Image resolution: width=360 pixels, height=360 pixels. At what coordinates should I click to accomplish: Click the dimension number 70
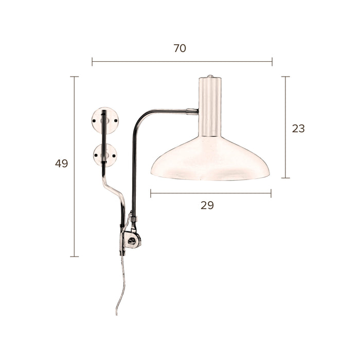pos(179,48)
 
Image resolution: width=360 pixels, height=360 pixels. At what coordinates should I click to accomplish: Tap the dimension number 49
pos(62,164)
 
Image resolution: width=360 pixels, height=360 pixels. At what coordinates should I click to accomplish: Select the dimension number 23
pos(298,129)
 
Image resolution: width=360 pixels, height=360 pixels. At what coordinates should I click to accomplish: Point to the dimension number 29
pos(207,205)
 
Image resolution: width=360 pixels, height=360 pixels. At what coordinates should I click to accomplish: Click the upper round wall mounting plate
pos(104,120)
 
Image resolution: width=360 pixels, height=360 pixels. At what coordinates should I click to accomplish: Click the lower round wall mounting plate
pos(104,155)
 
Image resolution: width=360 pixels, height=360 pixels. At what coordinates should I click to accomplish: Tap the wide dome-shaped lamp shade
pos(210,159)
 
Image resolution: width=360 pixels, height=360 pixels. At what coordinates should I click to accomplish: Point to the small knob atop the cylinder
pos(210,77)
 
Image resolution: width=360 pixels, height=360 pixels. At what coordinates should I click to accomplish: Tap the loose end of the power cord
pos(117,314)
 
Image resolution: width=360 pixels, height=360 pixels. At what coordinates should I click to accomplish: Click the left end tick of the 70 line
pos(92,62)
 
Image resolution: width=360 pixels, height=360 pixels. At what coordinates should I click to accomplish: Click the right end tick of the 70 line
pos(272,62)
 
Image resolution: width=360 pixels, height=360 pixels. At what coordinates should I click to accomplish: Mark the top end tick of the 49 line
pos(75,77)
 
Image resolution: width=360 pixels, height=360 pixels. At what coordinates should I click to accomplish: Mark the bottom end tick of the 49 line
pos(75,256)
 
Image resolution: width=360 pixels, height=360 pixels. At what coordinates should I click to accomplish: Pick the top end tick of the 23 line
pos(285,77)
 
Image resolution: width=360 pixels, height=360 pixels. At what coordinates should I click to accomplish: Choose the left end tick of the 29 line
pos(151,193)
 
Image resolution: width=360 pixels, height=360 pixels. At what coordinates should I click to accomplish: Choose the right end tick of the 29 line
pos(271,193)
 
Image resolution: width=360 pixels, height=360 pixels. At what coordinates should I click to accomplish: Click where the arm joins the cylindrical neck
pos(196,111)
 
